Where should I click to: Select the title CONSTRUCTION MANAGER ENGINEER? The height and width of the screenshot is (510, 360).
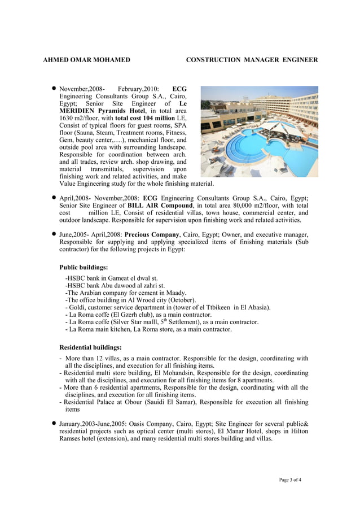[x=252, y=59]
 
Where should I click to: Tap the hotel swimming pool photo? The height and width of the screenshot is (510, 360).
[x=259, y=132]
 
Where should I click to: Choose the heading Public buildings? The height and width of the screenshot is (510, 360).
[x=84, y=267]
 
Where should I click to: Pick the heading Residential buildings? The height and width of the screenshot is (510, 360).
[x=90, y=347]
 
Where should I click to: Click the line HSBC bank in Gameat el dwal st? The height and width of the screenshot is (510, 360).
[x=112, y=278]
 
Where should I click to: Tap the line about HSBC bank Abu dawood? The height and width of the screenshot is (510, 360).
[x=115, y=286]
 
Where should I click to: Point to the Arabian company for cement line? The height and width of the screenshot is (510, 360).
[x=126, y=293]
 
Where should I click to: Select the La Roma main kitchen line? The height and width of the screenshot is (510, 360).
[x=148, y=329]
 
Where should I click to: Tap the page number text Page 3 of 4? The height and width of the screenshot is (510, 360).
[x=290, y=480]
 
